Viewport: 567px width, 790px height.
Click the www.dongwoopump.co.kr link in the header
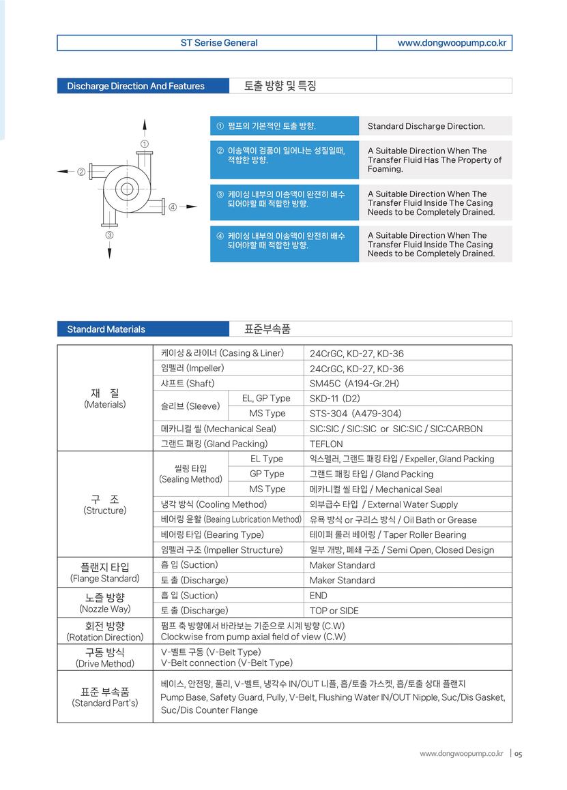[x=452, y=43]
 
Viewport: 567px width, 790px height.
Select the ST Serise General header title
[x=218, y=43]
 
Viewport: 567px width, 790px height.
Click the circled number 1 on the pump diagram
[x=145, y=144]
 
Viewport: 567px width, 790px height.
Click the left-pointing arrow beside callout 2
[x=63, y=171]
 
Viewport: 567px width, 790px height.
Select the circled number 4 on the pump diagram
[x=173, y=207]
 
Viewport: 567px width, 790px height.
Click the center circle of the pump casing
[x=127, y=189]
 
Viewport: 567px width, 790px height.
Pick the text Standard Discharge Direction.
[x=426, y=126]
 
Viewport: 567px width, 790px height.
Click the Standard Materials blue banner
[x=106, y=329]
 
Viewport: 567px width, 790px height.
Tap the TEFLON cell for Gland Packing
[x=326, y=444]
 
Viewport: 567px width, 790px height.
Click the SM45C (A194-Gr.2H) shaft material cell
[x=354, y=384]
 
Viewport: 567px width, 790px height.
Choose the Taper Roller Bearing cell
[x=388, y=535]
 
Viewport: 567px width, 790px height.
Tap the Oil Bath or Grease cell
[x=393, y=520]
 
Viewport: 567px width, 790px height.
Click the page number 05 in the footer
[x=519, y=754]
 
